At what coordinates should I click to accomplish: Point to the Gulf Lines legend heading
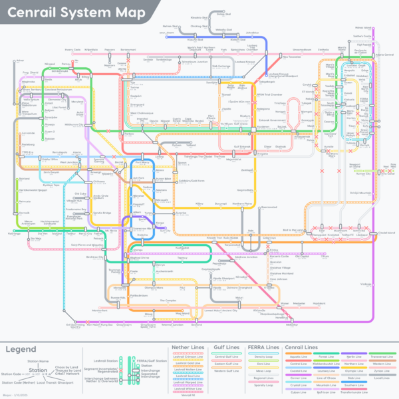click(226, 347)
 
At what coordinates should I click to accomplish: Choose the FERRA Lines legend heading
click(263, 347)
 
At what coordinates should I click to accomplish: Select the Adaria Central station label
click(385, 54)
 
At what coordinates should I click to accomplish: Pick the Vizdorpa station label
click(365, 284)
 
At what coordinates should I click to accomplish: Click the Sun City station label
click(166, 231)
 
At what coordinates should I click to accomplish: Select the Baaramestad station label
click(269, 207)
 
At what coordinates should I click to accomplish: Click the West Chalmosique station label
click(141, 114)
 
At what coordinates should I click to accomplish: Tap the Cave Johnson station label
click(279, 279)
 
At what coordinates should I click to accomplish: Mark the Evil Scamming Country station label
click(75, 326)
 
